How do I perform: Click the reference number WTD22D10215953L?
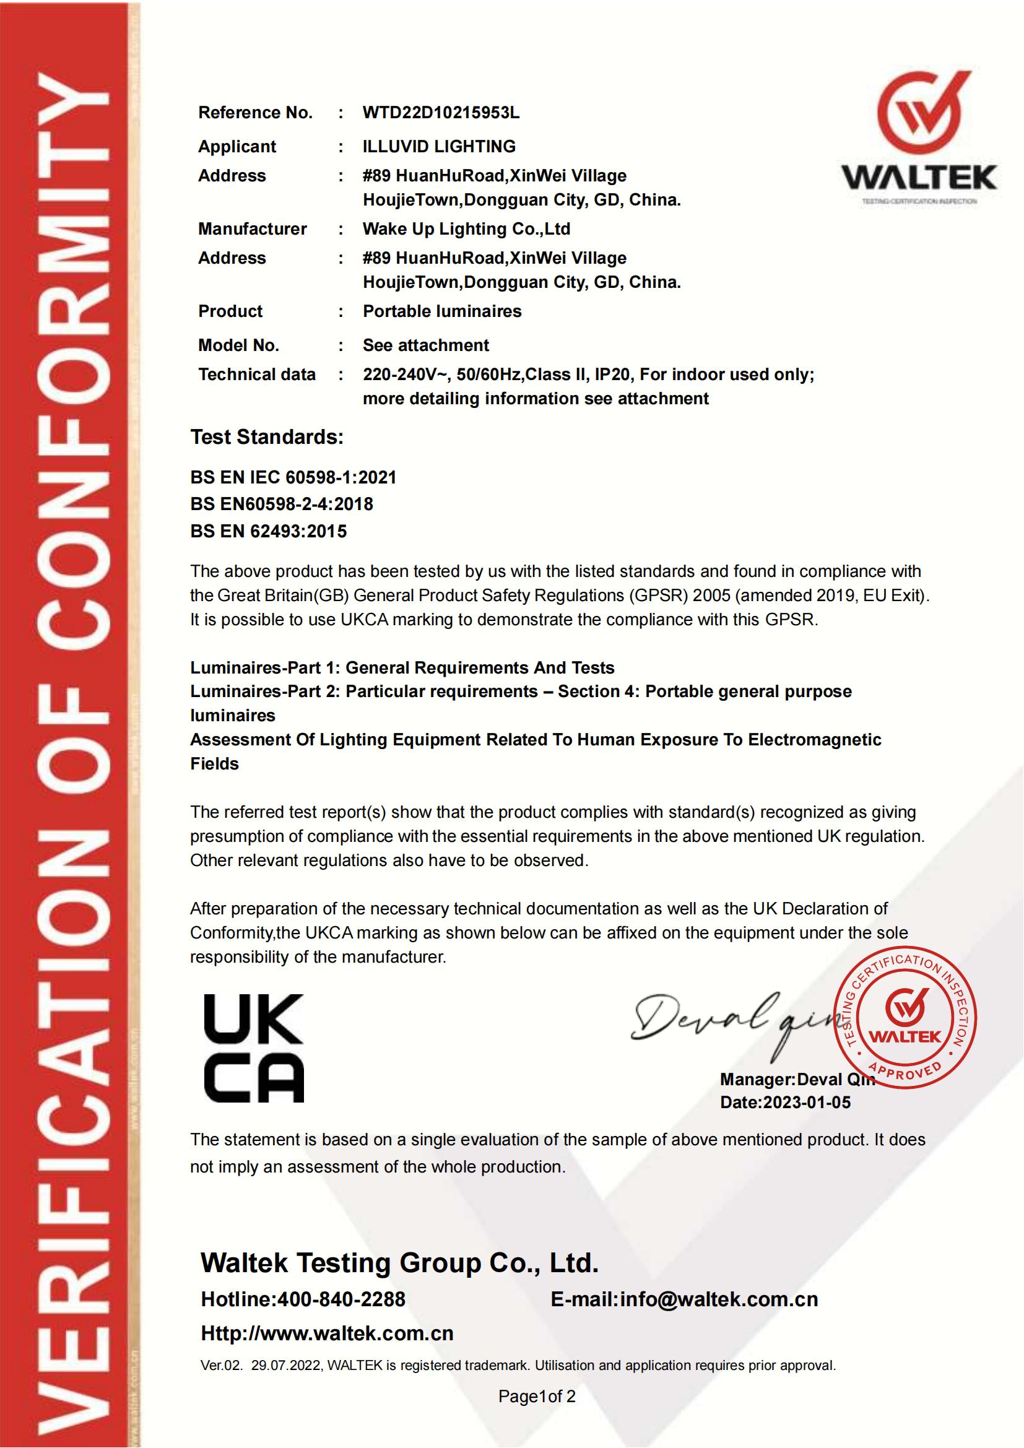[x=441, y=113]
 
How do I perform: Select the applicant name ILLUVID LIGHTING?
[x=439, y=146]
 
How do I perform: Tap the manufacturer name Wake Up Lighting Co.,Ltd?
[x=466, y=229]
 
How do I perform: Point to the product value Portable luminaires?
[x=442, y=311]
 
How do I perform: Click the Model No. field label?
[x=238, y=345]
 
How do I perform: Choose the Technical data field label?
[x=257, y=375]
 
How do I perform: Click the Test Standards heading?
[x=267, y=437]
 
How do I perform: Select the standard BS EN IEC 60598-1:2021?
[x=293, y=477]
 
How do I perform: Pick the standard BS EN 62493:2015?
[x=269, y=531]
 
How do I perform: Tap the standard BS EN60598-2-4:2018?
[x=282, y=504]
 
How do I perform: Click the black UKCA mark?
[x=253, y=1048]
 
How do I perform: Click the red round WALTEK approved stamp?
[x=905, y=1018]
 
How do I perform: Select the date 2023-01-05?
[x=807, y=1103]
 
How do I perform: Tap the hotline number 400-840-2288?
[x=341, y=1299]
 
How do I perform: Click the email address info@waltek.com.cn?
[x=719, y=1299]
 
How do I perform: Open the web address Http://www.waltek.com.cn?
[x=328, y=1333]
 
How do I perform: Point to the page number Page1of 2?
[x=537, y=1396]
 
